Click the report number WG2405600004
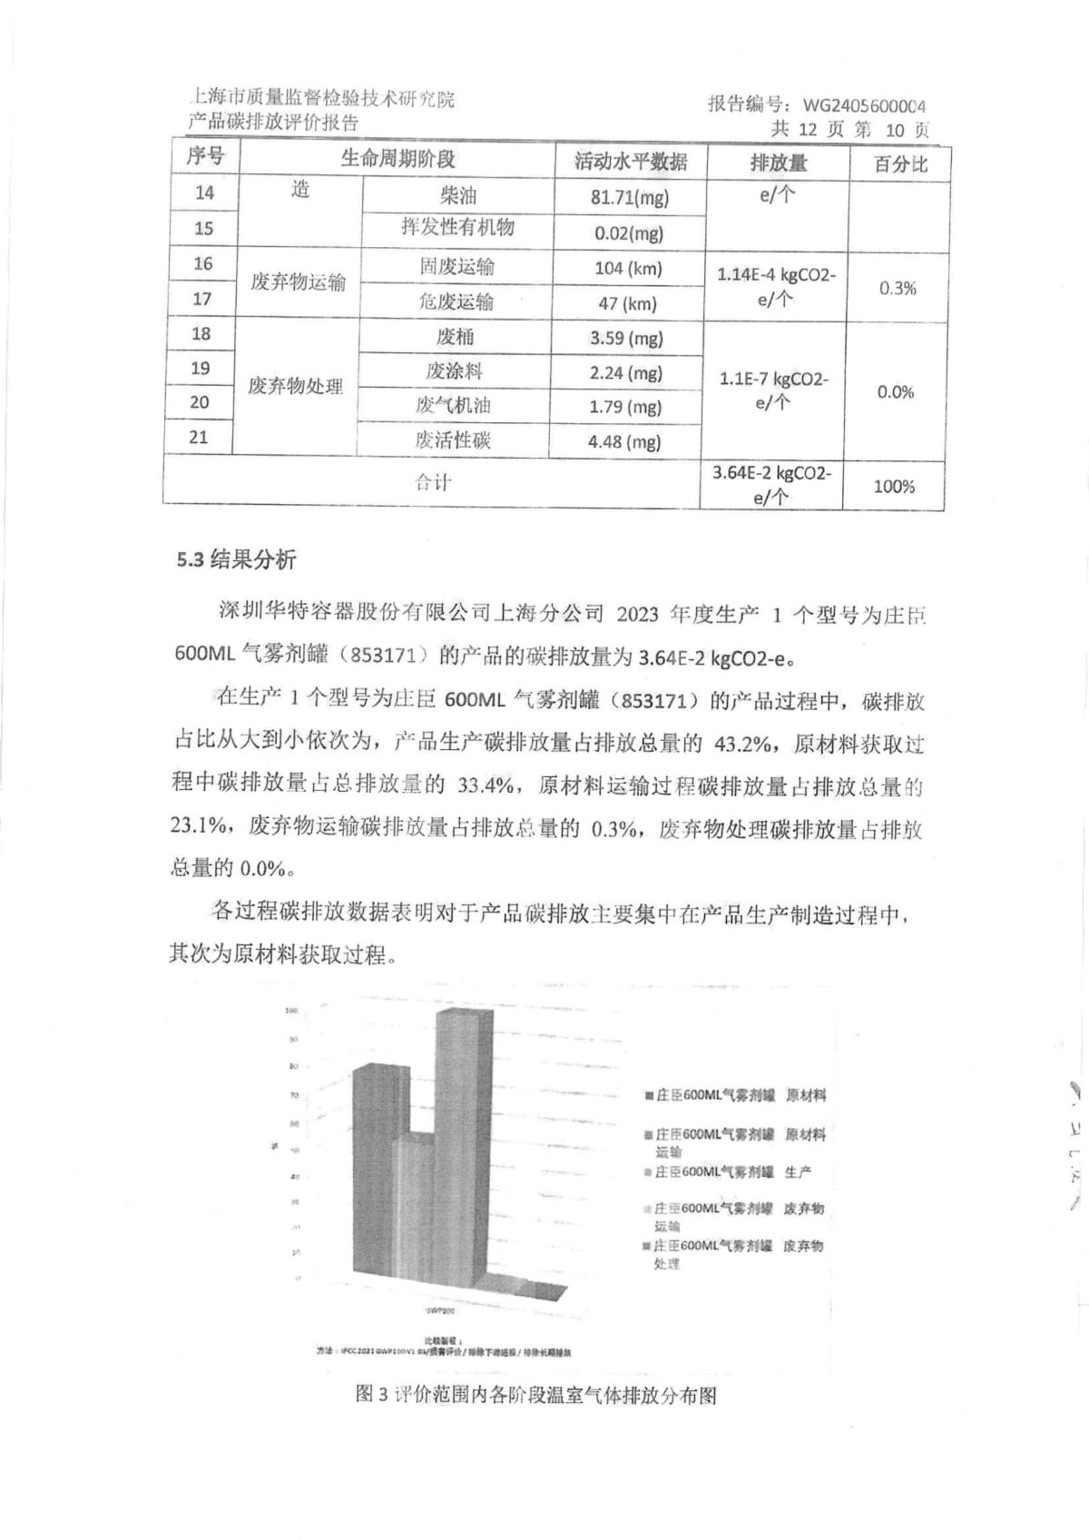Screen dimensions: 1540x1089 (864, 105)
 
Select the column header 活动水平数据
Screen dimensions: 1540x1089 (631, 162)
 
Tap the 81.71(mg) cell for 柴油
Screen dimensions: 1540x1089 (629, 197)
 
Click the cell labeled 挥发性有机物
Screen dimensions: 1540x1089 (457, 227)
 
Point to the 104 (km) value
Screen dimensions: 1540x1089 (628, 269)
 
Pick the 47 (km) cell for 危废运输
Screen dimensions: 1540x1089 (627, 303)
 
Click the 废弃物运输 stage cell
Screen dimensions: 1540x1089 (298, 282)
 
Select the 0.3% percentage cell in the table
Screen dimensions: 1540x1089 (897, 288)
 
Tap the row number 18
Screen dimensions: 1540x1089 (201, 333)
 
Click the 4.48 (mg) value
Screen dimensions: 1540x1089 (624, 442)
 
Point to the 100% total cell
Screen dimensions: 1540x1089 (893, 487)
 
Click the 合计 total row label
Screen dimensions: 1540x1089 (432, 482)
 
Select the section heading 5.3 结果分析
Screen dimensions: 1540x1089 (236, 559)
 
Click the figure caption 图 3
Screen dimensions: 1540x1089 (535, 1395)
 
